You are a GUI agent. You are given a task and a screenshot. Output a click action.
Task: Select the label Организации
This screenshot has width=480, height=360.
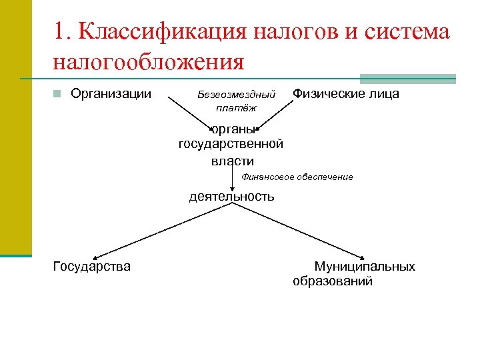click(x=111, y=94)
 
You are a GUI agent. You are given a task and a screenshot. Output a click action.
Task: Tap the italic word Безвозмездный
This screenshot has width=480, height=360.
click(x=237, y=95)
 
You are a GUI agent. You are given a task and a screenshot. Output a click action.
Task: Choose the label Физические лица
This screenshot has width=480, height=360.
click(x=347, y=94)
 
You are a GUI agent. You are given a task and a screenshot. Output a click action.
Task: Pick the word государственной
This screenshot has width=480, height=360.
click(x=231, y=144)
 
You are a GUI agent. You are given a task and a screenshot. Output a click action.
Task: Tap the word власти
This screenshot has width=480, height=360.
click(x=233, y=160)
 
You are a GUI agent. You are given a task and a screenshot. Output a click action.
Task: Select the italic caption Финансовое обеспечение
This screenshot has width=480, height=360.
click(x=297, y=177)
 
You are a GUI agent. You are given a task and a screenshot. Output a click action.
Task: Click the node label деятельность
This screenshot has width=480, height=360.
click(x=231, y=197)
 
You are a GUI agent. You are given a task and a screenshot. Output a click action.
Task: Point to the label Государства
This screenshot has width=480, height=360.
click(x=91, y=267)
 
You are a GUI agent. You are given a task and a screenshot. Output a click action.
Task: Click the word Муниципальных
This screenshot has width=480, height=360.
click(x=365, y=267)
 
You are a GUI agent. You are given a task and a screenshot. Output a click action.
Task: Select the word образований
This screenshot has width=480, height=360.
click(x=333, y=281)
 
